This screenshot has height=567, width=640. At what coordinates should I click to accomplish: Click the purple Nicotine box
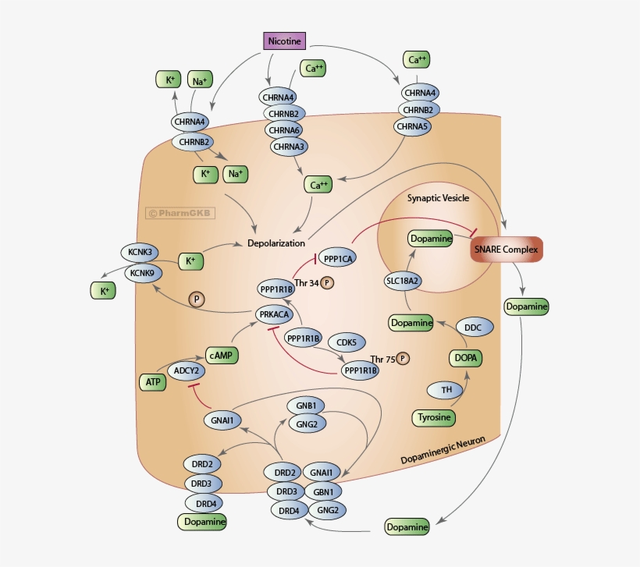284,41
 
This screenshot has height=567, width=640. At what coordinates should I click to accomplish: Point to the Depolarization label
276,243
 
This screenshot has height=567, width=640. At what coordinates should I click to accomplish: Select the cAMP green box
222,355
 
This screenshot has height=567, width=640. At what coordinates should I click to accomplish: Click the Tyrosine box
434,417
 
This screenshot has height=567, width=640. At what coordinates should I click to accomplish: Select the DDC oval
473,328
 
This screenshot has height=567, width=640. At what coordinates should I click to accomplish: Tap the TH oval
446,389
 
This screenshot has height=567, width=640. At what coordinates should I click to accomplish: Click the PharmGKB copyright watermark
181,212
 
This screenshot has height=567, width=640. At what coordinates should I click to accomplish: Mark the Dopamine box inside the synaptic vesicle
431,239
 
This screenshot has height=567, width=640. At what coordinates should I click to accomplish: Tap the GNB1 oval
305,406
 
